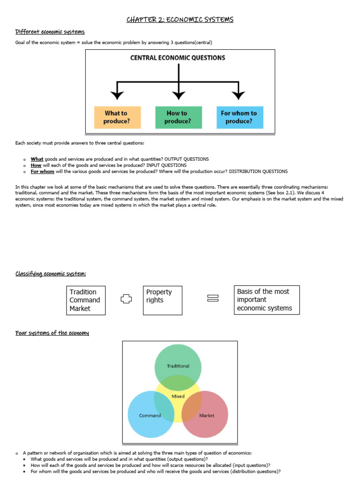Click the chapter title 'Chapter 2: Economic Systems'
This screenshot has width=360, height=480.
click(x=180, y=20)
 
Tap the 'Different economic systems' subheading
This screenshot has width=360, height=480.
click(x=50, y=32)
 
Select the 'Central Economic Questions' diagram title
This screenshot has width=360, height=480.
click(x=177, y=58)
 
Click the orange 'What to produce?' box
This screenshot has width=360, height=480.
click(x=117, y=117)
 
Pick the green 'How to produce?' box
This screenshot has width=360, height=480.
click(x=178, y=117)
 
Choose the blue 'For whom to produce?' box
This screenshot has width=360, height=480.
click(x=239, y=117)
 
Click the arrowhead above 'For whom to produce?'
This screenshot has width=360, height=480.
click(x=239, y=96)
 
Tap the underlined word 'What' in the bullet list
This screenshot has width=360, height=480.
click(x=37, y=159)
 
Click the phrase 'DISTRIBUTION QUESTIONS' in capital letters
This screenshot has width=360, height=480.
click(x=258, y=172)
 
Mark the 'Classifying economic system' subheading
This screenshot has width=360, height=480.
click(x=51, y=274)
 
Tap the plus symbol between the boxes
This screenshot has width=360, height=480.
click(x=125, y=299)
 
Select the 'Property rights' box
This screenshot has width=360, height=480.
click(x=162, y=300)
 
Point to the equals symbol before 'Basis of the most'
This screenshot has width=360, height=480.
click(x=213, y=299)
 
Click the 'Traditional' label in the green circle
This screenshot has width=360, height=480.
click(x=178, y=366)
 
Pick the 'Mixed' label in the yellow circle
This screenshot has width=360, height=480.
click(x=178, y=396)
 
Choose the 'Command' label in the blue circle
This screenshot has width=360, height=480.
click(x=150, y=416)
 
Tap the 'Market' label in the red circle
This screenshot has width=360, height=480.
click(x=207, y=416)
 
